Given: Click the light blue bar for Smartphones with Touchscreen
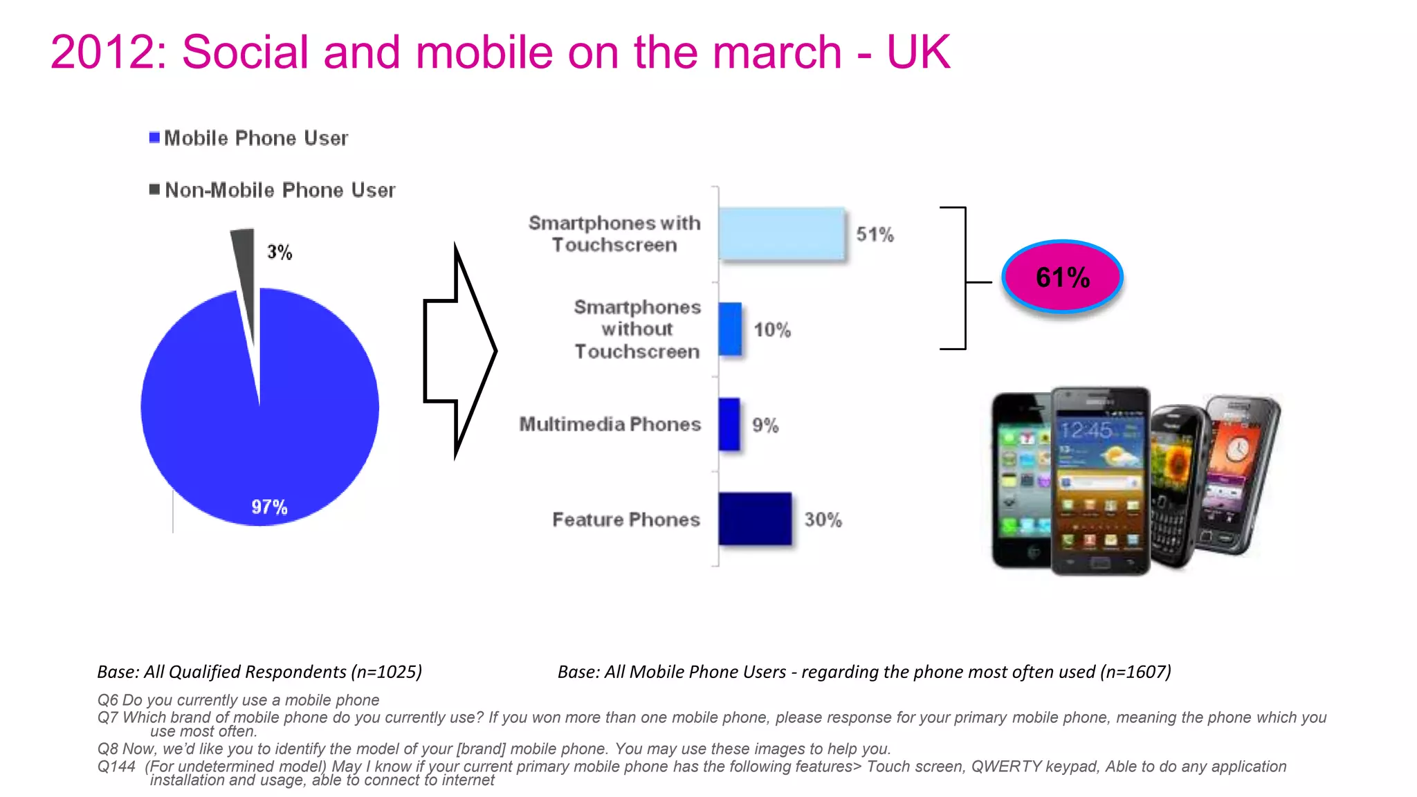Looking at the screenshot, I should pyautogui.click(x=781, y=234).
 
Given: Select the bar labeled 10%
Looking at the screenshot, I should pyautogui.click(x=729, y=329).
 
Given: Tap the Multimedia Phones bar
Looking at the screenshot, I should pyautogui.click(x=729, y=424).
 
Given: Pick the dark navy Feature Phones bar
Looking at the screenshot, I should pyautogui.click(x=754, y=519).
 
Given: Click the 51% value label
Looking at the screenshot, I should pyautogui.click(x=875, y=235).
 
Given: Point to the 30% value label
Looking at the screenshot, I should pyautogui.click(x=823, y=520).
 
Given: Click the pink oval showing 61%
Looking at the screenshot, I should pyautogui.click(x=1062, y=277).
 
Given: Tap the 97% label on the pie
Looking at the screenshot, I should pyautogui.click(x=269, y=507).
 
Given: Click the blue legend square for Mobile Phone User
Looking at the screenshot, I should pyautogui.click(x=154, y=138).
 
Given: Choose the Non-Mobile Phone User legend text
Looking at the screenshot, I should pyautogui.click(x=280, y=190).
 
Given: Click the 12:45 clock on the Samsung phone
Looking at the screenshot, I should pyautogui.click(x=1086, y=430).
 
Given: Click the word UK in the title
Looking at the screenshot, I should pyautogui.click(x=918, y=53).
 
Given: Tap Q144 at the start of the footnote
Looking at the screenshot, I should pyautogui.click(x=116, y=767).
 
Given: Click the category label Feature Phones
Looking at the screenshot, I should pyautogui.click(x=625, y=520).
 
